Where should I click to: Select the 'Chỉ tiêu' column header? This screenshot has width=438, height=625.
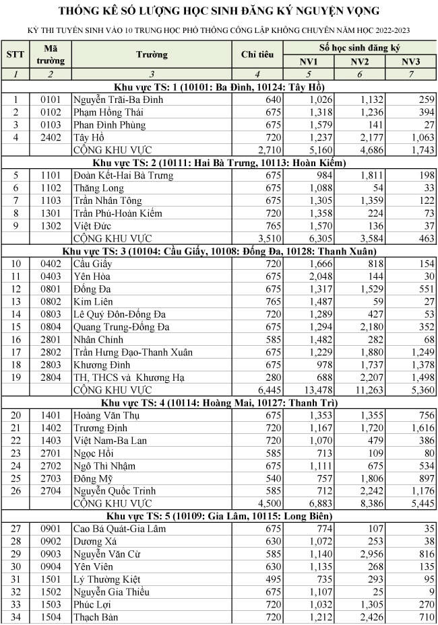coord(257,54)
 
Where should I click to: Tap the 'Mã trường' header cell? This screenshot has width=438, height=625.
coord(51,54)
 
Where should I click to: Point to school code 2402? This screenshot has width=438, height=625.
coord(51,137)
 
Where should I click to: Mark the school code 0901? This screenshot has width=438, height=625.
coord(51,529)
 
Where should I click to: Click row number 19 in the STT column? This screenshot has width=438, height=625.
coord(15,377)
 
